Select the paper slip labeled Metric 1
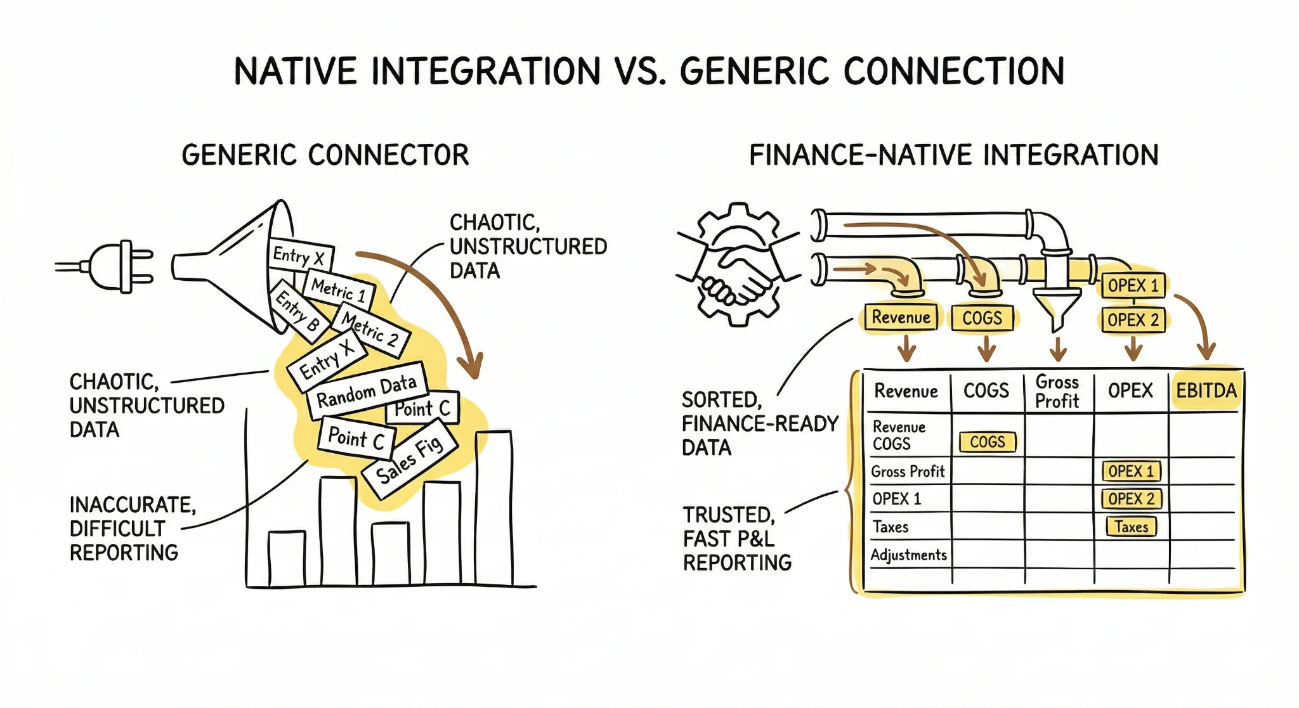point(339,290)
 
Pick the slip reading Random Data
point(366,390)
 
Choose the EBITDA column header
point(1206,390)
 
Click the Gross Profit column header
point(1057,392)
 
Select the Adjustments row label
point(908,555)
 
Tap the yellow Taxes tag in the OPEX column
point(1131,527)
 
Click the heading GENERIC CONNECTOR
point(325,155)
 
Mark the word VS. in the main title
point(640,71)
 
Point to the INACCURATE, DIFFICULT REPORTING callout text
point(132,529)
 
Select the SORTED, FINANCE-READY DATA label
point(759,423)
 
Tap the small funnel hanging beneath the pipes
point(1056,307)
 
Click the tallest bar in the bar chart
point(493,507)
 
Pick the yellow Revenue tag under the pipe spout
point(901,318)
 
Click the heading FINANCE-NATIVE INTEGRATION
point(953,155)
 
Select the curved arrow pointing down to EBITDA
point(1195,323)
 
